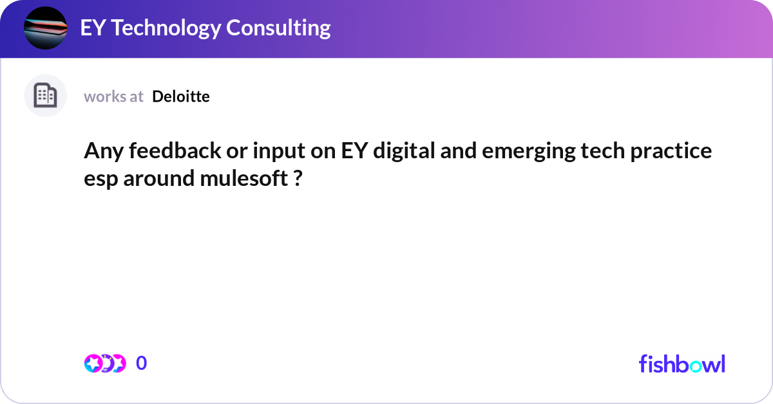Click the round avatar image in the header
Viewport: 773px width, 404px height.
pyautogui.click(x=45, y=28)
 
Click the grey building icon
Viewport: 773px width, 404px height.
pyautogui.click(x=45, y=96)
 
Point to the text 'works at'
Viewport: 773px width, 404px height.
pyautogui.click(x=113, y=96)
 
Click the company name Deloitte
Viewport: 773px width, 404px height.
pyautogui.click(x=181, y=96)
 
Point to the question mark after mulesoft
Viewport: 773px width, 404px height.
pyautogui.click(x=298, y=179)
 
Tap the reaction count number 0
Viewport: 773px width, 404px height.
pyautogui.click(x=141, y=363)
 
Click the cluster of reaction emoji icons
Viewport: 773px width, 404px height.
pyautogui.click(x=104, y=363)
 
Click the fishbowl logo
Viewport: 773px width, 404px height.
pyautogui.click(x=682, y=363)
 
